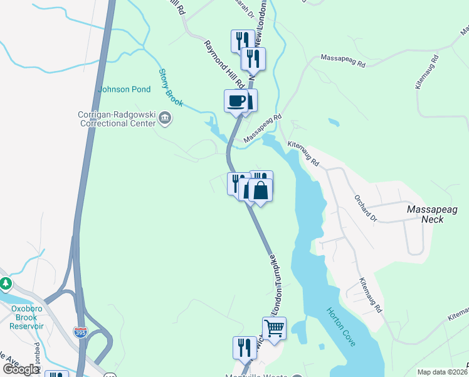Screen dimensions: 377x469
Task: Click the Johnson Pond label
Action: tap(124, 89)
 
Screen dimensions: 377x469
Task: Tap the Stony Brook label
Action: tap(171, 87)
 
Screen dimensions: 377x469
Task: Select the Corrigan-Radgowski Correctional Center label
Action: tap(117, 119)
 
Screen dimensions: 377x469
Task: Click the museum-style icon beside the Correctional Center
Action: tap(165, 117)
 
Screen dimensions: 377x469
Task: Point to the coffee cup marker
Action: tap(236, 101)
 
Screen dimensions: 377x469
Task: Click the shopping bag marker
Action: tap(260, 190)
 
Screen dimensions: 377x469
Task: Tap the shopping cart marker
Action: tap(274, 327)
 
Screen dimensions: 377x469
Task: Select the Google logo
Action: tap(21, 369)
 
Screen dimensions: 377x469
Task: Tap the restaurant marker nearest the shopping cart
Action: tap(245, 347)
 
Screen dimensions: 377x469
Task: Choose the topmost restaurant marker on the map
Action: tap(242, 41)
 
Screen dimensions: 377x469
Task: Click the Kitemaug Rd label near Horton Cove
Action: tap(370, 295)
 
